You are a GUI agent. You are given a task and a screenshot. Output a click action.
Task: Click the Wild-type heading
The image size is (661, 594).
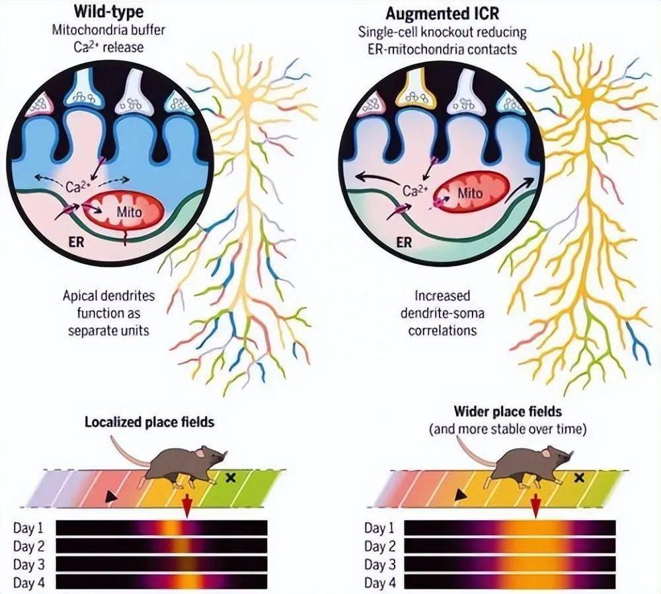pos(98,13)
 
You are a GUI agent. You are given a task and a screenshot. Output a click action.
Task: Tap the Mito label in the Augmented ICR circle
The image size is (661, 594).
pos(470,193)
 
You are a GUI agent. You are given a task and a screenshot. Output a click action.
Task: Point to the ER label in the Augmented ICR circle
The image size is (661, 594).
pos(405,242)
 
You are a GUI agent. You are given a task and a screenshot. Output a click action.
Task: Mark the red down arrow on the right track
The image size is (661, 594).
pos(535,507)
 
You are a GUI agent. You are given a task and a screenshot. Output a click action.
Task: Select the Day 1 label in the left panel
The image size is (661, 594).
pos(30,528)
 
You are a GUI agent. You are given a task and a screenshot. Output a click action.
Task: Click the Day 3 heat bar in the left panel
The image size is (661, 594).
pos(162,564)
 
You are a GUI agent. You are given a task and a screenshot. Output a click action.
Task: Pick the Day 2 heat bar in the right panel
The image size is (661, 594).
pos(510,546)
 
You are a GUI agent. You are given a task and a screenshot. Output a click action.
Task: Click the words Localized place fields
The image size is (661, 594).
pos(149,422)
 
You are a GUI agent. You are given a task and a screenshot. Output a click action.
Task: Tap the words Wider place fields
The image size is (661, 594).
pos(508,412)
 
